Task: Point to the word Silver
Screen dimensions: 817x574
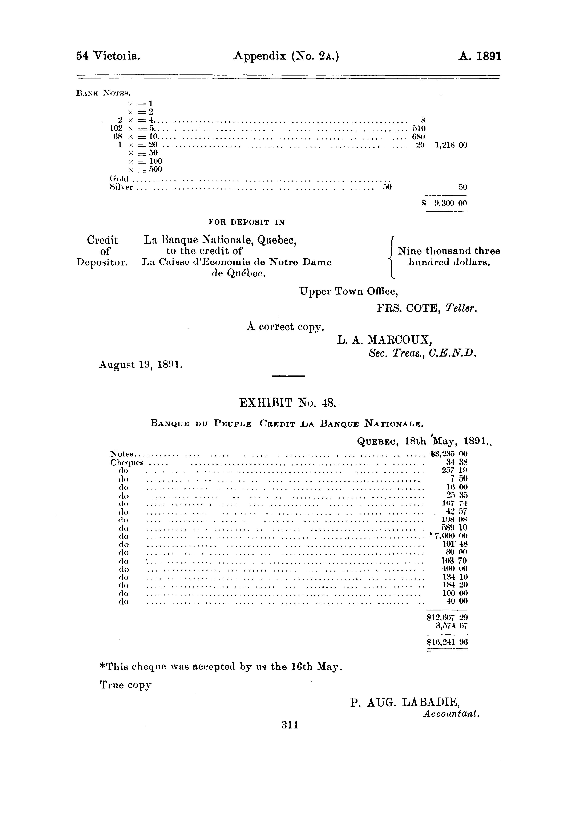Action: [x=121, y=187]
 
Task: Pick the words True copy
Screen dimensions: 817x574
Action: [x=126, y=685]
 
